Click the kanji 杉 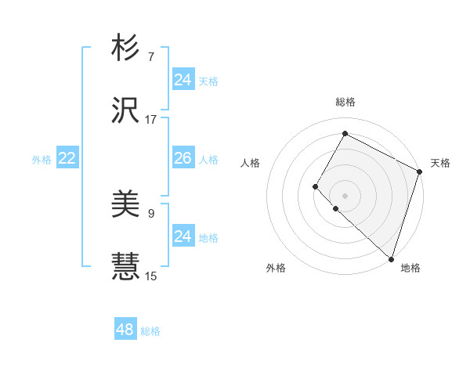coord(125,49)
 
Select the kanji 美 coord(125,205)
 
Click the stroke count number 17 coord(151,119)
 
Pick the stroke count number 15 coord(151,276)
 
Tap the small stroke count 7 coord(151,57)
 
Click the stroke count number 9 coord(151,212)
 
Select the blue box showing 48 coord(125,330)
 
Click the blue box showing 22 coord(67,158)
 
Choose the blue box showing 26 coord(183,158)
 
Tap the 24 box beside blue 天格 coord(183,80)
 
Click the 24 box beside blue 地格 coord(183,236)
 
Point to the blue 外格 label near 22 coord(42,159)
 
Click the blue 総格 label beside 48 coord(150,331)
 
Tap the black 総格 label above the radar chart coord(345,102)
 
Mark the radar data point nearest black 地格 coord(391,258)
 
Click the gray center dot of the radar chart coord(345,195)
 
